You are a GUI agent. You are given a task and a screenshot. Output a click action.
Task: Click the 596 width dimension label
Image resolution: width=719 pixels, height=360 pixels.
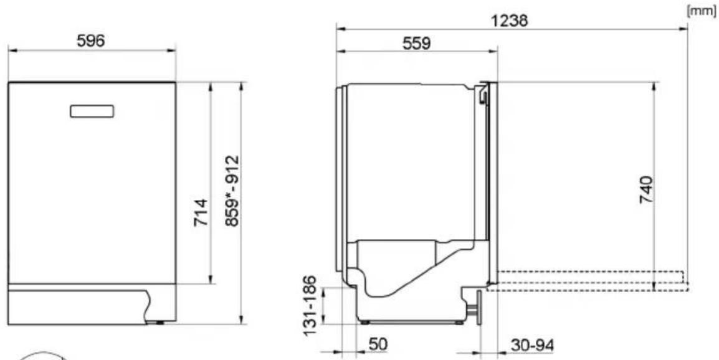pos(90,41)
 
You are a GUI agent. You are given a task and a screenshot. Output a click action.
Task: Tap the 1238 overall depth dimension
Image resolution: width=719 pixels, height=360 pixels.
pos(509,20)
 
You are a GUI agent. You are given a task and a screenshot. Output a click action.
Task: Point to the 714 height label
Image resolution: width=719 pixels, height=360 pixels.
pos(201,212)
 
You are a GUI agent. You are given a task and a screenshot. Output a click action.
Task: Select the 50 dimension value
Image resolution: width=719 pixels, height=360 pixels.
pos(378,345)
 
